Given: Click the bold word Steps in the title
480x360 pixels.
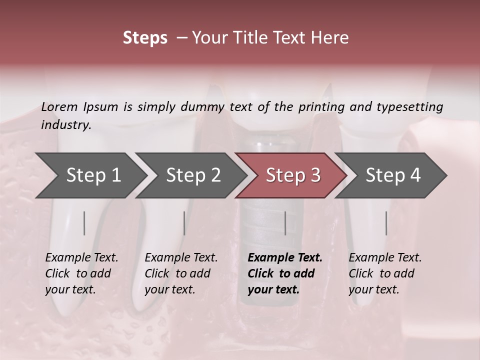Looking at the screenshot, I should coord(145,38).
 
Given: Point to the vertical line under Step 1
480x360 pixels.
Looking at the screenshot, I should coord(84,223).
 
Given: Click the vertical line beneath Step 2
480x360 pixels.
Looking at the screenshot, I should coord(184,223).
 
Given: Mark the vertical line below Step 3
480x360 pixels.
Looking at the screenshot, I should coord(285,223).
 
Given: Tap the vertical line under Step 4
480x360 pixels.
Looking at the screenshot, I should coord(386,223).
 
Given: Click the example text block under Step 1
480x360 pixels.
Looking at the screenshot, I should coord(81,273).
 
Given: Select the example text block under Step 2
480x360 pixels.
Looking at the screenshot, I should coord(181,273).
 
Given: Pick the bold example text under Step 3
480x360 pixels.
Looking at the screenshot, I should coord(285,273).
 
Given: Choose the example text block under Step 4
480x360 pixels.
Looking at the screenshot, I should coord(385,273).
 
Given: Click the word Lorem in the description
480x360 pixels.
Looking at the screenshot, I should coord(59,107).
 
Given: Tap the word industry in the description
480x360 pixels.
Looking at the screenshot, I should coord(65,125).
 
